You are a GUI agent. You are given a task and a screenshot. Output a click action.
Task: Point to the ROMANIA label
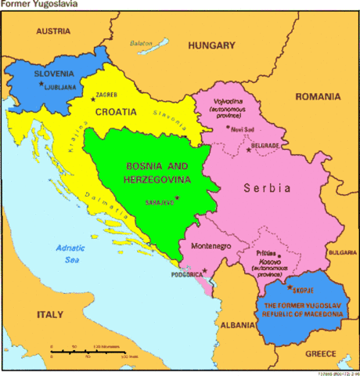317,96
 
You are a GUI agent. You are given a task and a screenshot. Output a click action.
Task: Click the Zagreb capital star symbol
92,97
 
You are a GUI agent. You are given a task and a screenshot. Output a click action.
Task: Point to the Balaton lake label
141,44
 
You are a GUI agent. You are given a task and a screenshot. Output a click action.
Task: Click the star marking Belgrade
248,149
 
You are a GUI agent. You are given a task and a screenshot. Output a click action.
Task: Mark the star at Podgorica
205,271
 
